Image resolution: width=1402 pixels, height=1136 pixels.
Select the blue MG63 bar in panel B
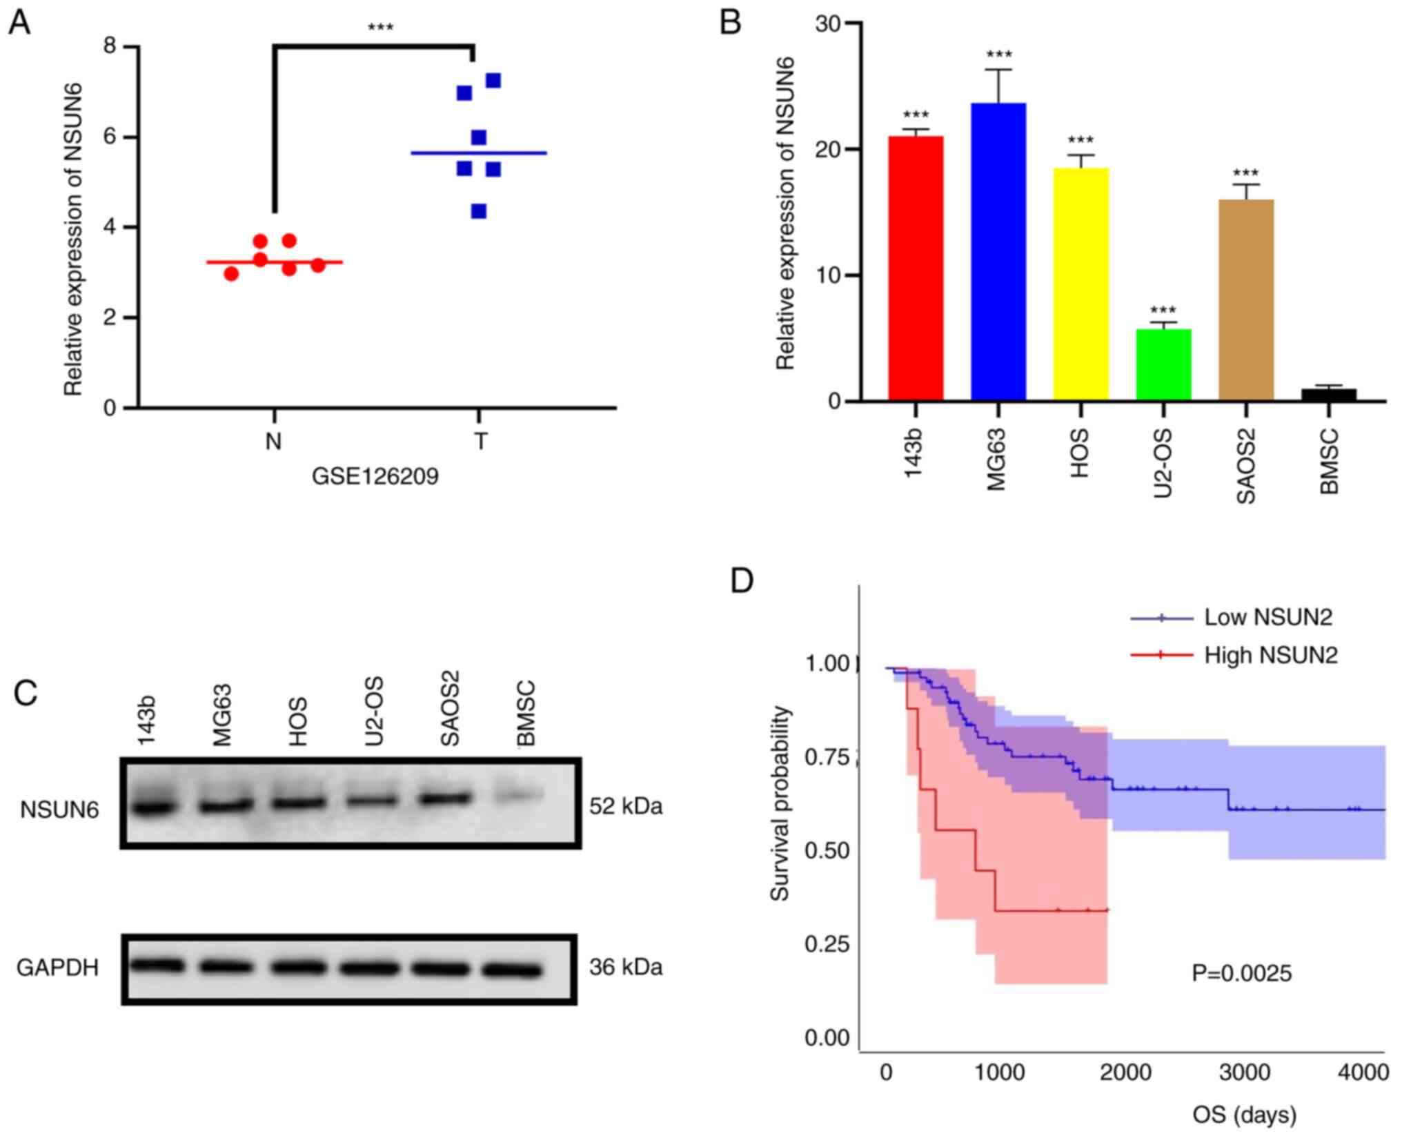coord(998,251)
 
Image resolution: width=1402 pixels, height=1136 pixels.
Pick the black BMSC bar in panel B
coord(1329,395)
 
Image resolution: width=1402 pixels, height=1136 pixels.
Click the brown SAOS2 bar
coord(1246,300)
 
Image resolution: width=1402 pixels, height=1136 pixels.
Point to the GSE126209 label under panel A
coord(375,477)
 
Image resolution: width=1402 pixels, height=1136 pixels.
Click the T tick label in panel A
coord(480,441)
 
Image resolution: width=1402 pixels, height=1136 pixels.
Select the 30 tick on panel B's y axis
coord(828,24)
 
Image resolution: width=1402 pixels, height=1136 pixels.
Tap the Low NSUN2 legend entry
coord(1267,617)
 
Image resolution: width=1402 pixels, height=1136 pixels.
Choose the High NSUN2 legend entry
coord(1270,655)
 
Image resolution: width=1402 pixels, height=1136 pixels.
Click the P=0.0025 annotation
coord(1241,973)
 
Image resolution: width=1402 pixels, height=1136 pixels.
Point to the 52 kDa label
coord(625,806)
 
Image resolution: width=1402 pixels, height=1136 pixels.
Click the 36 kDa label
coord(625,967)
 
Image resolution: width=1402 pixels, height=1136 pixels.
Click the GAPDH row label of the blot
coord(57,968)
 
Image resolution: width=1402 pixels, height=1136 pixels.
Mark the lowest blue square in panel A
coord(479,211)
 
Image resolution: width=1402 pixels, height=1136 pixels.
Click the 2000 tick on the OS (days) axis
coord(1125,1073)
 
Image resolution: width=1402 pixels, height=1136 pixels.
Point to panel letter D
coord(742,581)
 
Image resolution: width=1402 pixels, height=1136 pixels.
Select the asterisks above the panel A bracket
coord(380,28)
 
